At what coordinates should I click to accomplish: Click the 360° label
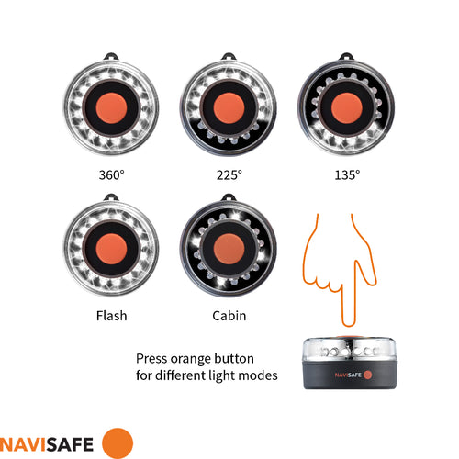111,173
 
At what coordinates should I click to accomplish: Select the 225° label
229,173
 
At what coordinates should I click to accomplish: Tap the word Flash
111,316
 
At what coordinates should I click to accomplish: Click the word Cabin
229,316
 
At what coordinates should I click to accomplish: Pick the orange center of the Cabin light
229,245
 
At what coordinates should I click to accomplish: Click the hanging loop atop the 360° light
111,53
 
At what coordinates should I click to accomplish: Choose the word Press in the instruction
152,358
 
